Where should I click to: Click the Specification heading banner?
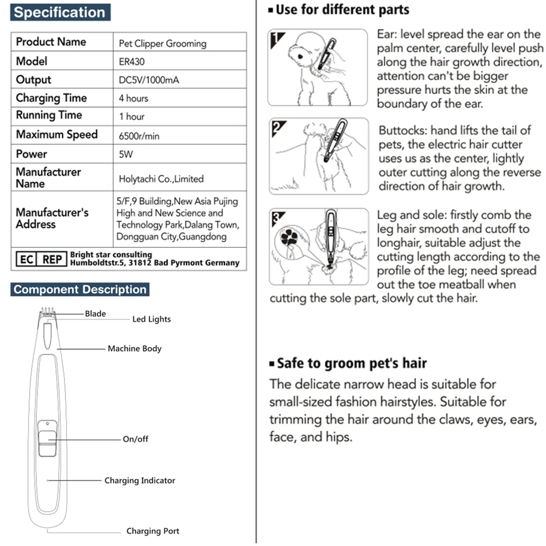point(60,13)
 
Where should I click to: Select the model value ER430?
point(132,62)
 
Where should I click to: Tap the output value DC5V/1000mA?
point(149,80)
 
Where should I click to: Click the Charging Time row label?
point(51,98)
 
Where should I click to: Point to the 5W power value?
point(126,155)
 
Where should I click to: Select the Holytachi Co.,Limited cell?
point(161,179)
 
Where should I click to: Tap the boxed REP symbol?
point(52,259)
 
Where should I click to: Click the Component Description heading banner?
point(80,289)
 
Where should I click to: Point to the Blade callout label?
point(95,314)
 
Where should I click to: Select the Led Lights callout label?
point(151,319)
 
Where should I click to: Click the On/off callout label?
point(135,439)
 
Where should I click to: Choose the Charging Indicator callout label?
point(140,480)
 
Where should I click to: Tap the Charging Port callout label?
point(152,531)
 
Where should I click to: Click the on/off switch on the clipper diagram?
point(48,439)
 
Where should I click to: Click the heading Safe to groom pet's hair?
point(352,363)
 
